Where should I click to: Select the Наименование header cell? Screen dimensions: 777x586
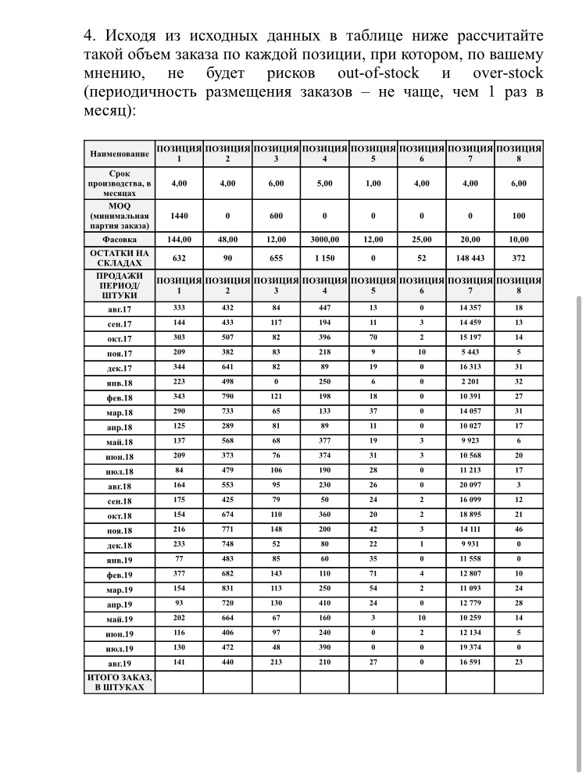tap(119, 154)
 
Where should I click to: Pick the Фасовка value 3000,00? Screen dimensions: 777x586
tap(324, 240)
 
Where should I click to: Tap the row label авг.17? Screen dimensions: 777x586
tap(119, 308)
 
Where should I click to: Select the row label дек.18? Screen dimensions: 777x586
tap(119, 545)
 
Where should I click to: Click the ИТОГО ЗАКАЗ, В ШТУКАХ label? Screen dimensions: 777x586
tap(119, 683)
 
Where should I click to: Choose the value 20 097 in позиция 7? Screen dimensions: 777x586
tap(470, 487)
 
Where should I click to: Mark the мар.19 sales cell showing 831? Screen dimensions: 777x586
tap(227, 590)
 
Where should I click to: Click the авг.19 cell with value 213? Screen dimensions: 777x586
tap(276, 663)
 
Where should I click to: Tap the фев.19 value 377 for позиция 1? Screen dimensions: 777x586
tap(179, 575)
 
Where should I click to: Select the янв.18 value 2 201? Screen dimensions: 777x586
tap(470, 383)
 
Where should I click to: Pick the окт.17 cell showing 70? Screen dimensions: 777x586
tap(373, 338)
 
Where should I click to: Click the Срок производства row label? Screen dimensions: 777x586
tap(119, 184)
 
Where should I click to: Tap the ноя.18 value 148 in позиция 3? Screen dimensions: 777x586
tap(276, 530)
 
